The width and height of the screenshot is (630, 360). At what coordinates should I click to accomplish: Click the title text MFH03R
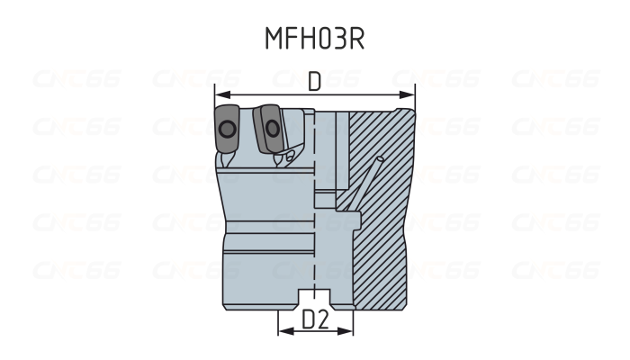tap(314, 39)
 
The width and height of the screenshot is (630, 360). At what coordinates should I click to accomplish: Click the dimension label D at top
tap(314, 81)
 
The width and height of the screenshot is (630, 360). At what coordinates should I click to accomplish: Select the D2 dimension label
tap(315, 319)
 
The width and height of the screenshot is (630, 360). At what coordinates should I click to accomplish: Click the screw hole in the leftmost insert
tap(227, 131)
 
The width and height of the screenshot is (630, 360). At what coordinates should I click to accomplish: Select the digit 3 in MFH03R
tap(335, 39)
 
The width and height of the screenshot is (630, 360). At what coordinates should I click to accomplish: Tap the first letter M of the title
tap(273, 39)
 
